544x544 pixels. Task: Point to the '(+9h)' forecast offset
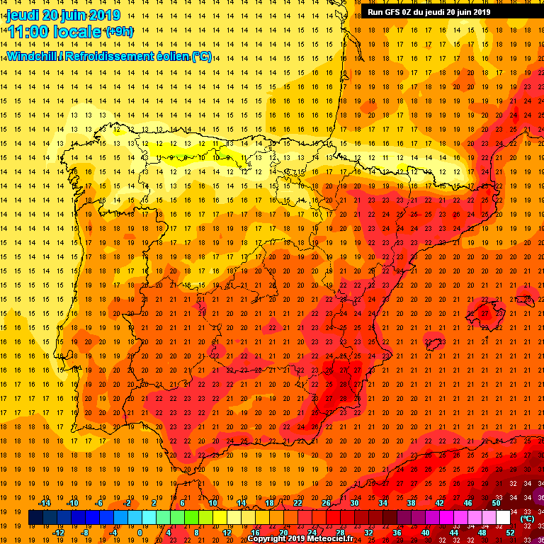pos(118,32)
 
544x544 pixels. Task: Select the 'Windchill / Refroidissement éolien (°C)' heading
pos(108,56)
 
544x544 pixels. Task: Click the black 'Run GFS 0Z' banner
pos(429,12)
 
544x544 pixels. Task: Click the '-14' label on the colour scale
pos(44,503)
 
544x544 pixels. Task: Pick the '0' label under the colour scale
pos(140,533)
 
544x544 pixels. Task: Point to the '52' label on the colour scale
pos(510,533)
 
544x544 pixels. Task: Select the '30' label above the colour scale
pos(353,503)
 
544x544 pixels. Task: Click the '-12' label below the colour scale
pos(58,533)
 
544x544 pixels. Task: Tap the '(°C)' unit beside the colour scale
pos(527,518)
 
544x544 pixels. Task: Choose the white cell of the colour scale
pos(503,518)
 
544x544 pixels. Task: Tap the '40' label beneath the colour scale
pos(425,533)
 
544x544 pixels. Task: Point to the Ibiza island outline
pos(433,345)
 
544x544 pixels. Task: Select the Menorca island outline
pos(527,300)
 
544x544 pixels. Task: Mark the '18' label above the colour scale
pos(268,503)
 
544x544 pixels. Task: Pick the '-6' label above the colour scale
pos(99,503)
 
